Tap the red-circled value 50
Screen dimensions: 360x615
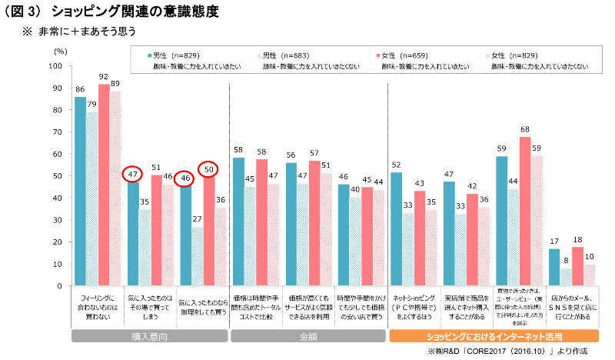[x=209, y=169]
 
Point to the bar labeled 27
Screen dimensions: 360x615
[x=198, y=255]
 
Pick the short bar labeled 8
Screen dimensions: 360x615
[x=566, y=277]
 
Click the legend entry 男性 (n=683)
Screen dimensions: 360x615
[x=289, y=56]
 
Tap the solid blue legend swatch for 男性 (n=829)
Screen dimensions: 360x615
[x=148, y=56]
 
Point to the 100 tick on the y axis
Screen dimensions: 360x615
[x=55, y=66]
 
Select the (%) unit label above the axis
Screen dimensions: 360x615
[x=61, y=49]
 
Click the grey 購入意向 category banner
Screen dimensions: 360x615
[x=149, y=336]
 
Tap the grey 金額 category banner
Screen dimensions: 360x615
[x=307, y=336]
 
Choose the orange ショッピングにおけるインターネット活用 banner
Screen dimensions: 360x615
[x=494, y=336]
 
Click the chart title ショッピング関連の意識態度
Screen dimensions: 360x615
[x=138, y=12]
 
